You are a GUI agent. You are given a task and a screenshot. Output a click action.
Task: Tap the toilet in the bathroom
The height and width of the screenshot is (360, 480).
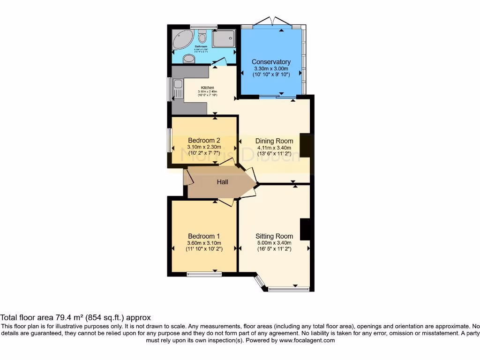pyautogui.click(x=202, y=37)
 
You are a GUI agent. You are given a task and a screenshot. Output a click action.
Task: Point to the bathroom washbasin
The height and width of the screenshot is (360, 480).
pyautogui.click(x=189, y=58)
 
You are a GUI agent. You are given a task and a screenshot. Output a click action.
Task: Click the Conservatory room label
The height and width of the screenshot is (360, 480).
pyautogui.click(x=271, y=62)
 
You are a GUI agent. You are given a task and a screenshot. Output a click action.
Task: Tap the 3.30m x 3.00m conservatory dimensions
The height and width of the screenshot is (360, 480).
pyautogui.click(x=271, y=68)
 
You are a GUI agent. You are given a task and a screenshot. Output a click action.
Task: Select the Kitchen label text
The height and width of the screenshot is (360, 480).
pyautogui.click(x=208, y=88)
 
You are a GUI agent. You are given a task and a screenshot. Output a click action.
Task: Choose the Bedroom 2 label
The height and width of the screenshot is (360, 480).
pyautogui.click(x=204, y=140)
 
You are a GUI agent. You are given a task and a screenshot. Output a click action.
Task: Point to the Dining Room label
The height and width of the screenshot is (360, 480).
pyautogui.click(x=274, y=141)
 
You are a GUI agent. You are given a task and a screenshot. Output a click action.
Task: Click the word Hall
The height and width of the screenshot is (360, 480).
pyautogui.click(x=222, y=182)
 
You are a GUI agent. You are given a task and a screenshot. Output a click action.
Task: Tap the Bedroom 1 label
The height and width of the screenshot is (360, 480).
pyautogui.click(x=204, y=236)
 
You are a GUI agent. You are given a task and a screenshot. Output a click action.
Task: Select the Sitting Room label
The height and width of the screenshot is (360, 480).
pyautogui.click(x=274, y=236)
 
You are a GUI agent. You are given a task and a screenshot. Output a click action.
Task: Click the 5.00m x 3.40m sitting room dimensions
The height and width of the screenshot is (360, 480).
pyautogui.click(x=274, y=243)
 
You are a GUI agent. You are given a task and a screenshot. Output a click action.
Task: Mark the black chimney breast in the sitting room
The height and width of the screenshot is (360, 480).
pyautogui.click(x=306, y=229)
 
